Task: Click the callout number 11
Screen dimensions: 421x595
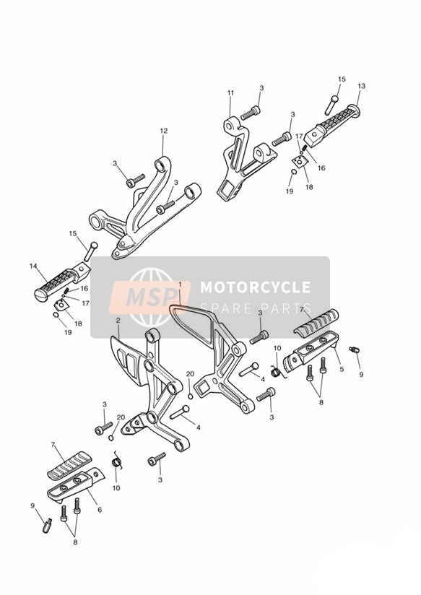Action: [231, 93]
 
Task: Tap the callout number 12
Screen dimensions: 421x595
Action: [164, 131]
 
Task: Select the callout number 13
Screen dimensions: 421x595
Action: [361, 86]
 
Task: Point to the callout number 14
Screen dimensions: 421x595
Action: [33, 266]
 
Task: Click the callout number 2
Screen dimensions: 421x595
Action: [118, 321]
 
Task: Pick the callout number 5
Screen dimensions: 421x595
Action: [342, 368]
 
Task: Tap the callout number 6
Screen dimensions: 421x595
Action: [100, 510]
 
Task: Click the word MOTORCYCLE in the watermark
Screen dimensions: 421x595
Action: [256, 287]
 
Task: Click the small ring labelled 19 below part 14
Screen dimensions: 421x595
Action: [56, 315]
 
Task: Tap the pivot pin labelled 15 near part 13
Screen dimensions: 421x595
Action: [331, 105]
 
